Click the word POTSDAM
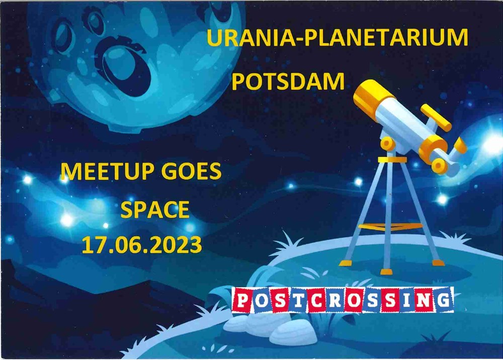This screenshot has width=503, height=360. click(x=288, y=82)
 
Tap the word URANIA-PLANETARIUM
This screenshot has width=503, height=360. click(x=337, y=38)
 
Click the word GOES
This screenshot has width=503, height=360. click(x=191, y=171)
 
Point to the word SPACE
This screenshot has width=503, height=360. click(x=155, y=210)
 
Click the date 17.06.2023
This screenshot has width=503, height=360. click(x=142, y=245)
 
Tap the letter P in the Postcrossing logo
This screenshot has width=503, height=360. click(x=243, y=300)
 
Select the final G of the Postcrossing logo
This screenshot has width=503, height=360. click(x=444, y=300)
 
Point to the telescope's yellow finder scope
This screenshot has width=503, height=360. click(x=436, y=117)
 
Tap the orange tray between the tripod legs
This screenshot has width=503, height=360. click(x=390, y=227)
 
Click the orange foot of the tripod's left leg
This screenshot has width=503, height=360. click(x=345, y=263)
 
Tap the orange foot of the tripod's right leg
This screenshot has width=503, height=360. click(x=438, y=263)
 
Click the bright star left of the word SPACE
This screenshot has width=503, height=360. click(x=67, y=220)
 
